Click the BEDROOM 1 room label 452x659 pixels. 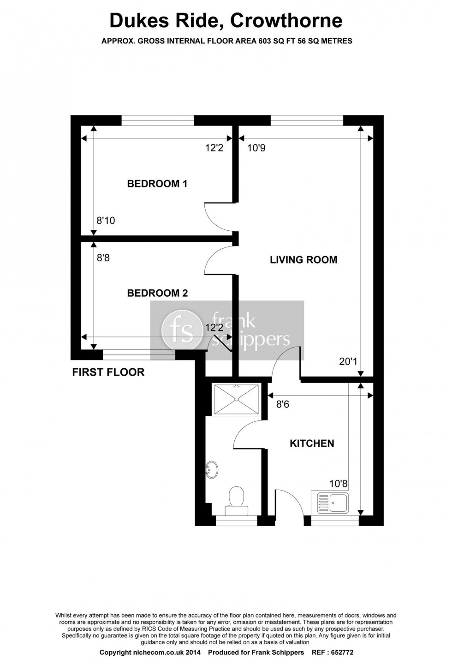click(157, 184)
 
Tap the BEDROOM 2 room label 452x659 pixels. click(157, 293)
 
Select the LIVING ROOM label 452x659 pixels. click(303, 260)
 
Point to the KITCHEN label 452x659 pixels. click(312, 443)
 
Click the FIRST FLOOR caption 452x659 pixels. click(108, 372)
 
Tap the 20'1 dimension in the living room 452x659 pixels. click(348, 361)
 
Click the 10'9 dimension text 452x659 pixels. click(256, 148)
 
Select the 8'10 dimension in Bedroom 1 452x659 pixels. click(106, 221)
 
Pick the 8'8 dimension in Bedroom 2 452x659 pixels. click(103, 258)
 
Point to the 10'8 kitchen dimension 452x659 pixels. click(338, 484)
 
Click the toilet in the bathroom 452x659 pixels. click(237, 499)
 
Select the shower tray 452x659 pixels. click(236, 399)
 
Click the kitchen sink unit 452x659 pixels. click(330, 503)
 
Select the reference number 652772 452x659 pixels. click(340, 652)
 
